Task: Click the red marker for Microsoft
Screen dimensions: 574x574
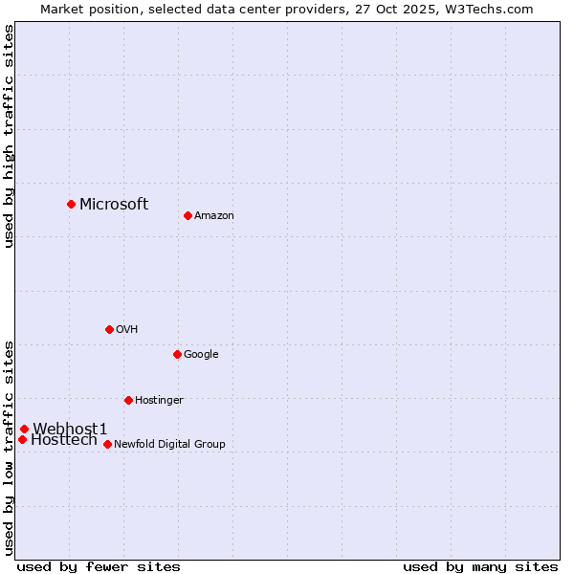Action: [x=71, y=204]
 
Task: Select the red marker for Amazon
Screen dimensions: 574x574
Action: [x=188, y=215]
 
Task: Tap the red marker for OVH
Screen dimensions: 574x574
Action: [x=109, y=329]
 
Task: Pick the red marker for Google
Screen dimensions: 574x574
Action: [x=177, y=354]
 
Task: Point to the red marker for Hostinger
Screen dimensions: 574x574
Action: [x=128, y=400]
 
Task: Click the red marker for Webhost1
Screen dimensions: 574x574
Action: [x=24, y=429]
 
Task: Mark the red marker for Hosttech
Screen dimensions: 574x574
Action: [x=22, y=439]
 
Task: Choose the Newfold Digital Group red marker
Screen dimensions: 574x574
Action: [x=107, y=444]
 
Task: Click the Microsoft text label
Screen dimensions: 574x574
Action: [x=114, y=204]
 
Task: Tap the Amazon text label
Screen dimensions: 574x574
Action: [x=214, y=216]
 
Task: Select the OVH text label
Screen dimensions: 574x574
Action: [x=127, y=330]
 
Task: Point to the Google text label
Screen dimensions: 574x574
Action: [x=201, y=355]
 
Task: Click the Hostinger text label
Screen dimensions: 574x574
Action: [x=159, y=401]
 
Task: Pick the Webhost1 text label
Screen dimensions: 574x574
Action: [x=70, y=429]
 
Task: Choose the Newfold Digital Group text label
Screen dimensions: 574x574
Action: [x=169, y=445]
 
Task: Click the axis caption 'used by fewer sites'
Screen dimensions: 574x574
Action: [x=99, y=567]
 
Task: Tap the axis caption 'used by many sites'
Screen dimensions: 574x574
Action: [x=480, y=567]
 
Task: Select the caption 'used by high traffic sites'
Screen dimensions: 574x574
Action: [x=10, y=136]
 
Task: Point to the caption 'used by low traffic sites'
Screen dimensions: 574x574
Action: [x=10, y=448]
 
